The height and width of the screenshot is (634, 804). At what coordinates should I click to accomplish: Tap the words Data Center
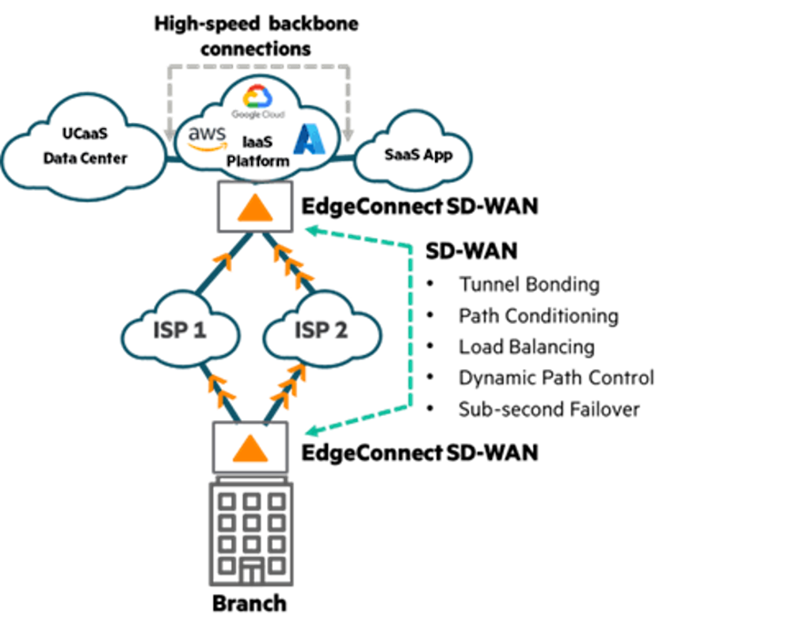pyautogui.click(x=85, y=158)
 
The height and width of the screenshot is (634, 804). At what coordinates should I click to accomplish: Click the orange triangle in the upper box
pyautogui.click(x=254, y=209)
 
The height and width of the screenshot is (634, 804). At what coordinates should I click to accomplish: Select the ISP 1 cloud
pyautogui.click(x=180, y=330)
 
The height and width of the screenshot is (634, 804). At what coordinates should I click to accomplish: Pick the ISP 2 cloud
pyautogui.click(x=321, y=330)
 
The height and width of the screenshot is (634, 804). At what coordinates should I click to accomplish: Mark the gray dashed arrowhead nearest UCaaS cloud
pyautogui.click(x=169, y=131)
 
